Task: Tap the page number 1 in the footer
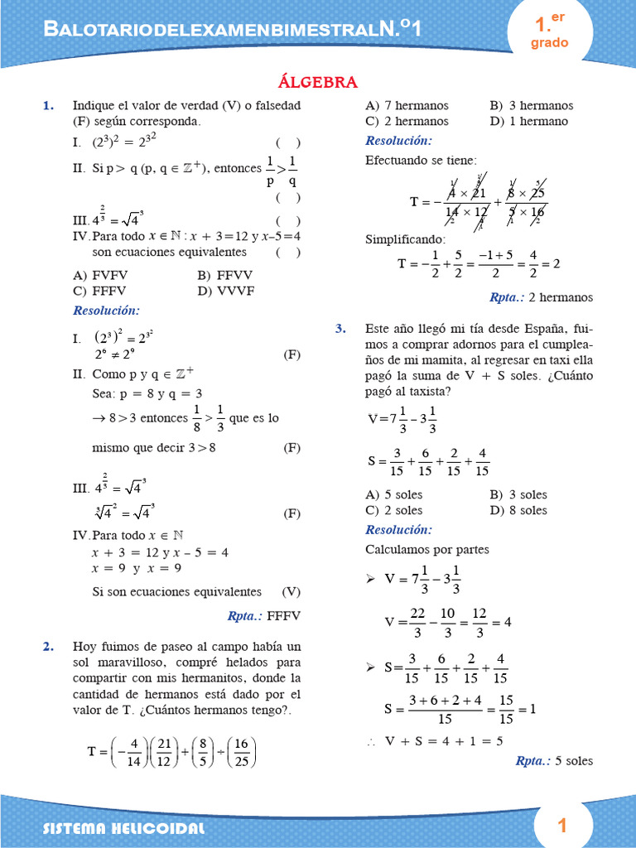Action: tap(562, 825)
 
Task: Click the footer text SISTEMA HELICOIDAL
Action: tap(123, 828)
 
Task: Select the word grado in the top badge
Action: tap(549, 43)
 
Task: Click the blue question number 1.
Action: tap(48, 106)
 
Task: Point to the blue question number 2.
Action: tap(48, 646)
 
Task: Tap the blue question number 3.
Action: tap(340, 329)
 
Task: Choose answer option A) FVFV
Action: tap(100, 275)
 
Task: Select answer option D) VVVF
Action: tap(226, 291)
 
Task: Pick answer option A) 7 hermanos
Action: tap(407, 106)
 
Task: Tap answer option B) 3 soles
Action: tap(518, 494)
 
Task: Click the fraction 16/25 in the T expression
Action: tap(243, 752)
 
